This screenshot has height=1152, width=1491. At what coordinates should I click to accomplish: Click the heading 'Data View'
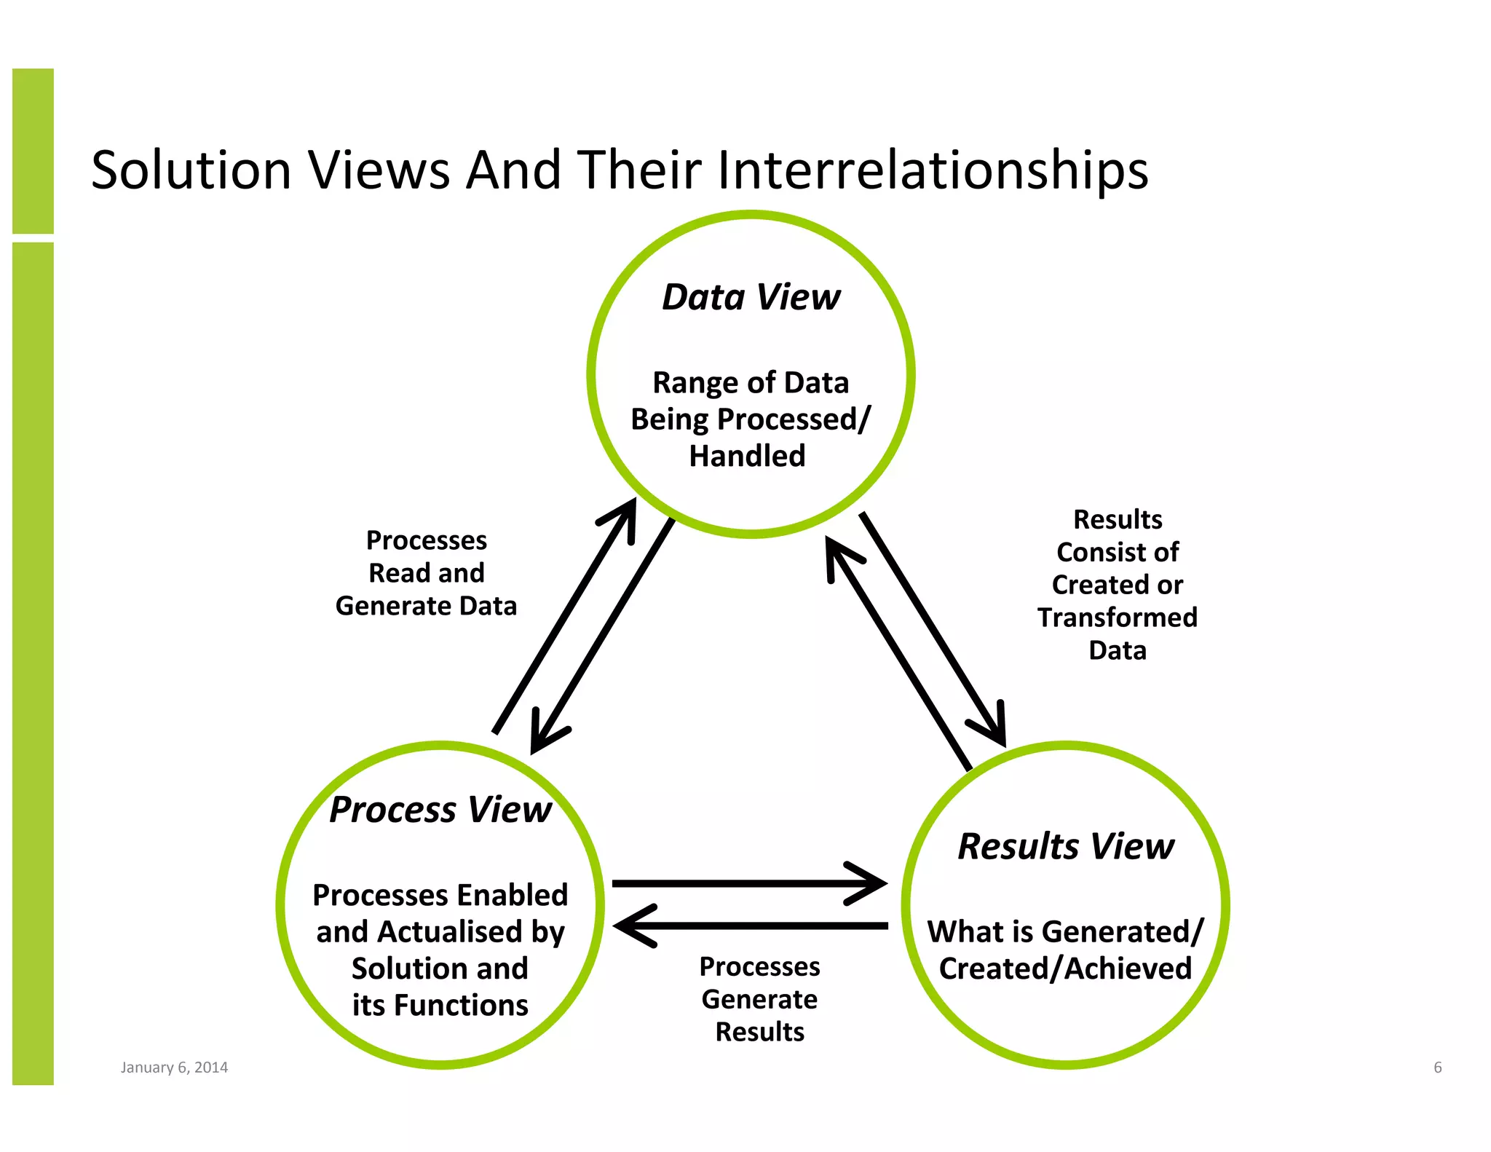point(751,297)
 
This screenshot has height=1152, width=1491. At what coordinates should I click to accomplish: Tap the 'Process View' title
point(440,810)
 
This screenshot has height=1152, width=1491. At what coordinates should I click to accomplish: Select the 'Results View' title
point(1065,846)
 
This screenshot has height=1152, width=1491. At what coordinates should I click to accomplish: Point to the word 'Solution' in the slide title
point(191,170)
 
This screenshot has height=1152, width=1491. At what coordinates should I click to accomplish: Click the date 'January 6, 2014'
point(174,1068)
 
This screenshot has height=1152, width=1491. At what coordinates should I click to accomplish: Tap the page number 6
point(1437,1068)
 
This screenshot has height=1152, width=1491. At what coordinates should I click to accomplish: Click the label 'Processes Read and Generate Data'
point(426,573)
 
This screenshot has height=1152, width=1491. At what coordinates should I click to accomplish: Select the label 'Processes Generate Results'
point(759,999)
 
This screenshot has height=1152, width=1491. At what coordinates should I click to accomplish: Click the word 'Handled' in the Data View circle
point(747,457)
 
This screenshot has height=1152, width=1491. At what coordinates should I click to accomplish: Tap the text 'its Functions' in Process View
point(440,1006)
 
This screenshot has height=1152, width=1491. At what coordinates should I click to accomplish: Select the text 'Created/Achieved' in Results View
point(1065,969)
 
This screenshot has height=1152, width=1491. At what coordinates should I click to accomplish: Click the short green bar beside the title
point(33,151)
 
